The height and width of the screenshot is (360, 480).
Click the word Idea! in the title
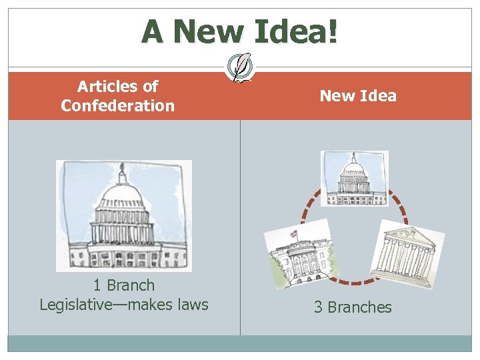click(x=297, y=31)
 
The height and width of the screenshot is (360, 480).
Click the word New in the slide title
click(x=212, y=31)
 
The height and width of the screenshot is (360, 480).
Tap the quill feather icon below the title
click(x=241, y=67)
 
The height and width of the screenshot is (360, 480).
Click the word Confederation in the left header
click(x=117, y=105)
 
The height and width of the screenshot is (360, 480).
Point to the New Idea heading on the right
click(x=358, y=96)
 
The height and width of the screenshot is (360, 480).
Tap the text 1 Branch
click(x=124, y=285)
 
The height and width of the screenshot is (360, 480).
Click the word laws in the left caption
click(x=192, y=305)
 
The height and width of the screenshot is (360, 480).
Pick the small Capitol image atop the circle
click(x=353, y=178)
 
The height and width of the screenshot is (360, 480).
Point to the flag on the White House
click(x=293, y=235)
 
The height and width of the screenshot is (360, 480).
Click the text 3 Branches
click(x=353, y=307)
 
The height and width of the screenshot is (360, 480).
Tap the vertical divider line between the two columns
click(x=240, y=227)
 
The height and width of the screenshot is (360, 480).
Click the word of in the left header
click(x=150, y=86)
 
